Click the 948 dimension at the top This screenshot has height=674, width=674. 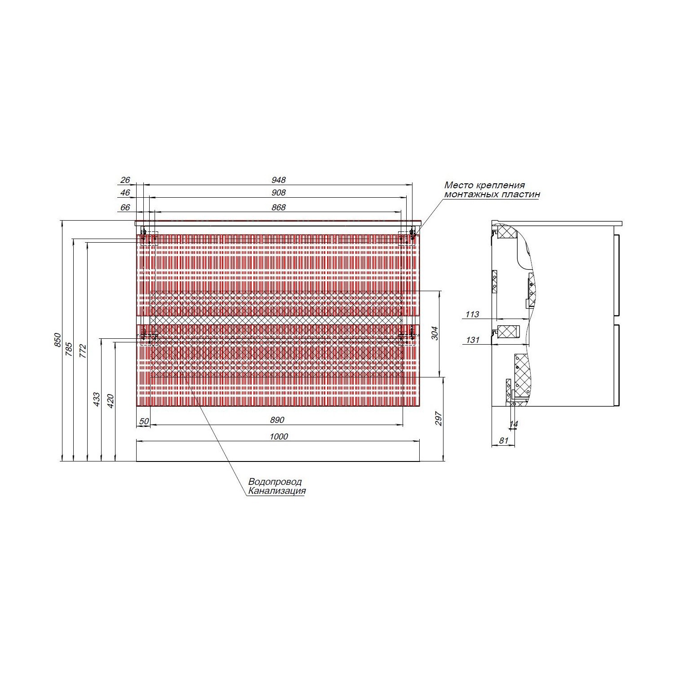[279, 180]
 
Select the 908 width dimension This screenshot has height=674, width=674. [279, 193]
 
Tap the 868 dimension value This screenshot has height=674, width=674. [279, 208]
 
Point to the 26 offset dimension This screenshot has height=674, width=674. [125, 180]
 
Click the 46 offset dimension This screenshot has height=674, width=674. [125, 193]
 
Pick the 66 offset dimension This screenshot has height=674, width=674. [125, 208]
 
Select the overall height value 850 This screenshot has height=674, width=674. [57, 340]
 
